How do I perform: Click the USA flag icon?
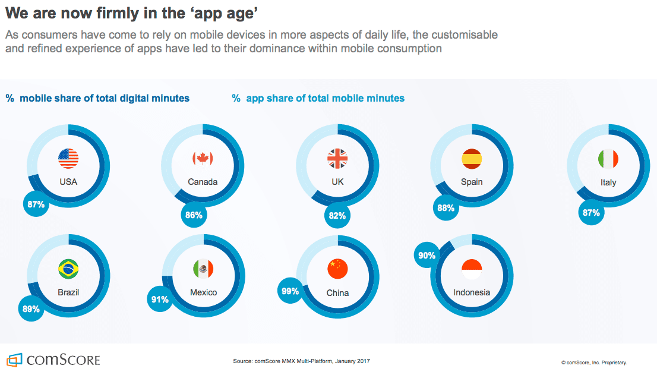[68, 158]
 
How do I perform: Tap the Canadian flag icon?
[203, 158]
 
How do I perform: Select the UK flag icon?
[337, 158]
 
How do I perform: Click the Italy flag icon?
[608, 159]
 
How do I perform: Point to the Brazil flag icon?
[68, 269]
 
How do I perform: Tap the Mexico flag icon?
[203, 269]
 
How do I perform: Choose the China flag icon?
[337, 269]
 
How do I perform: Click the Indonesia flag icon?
[472, 269]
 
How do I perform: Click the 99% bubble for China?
[290, 291]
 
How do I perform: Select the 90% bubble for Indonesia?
[427, 256]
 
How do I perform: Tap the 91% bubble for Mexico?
[160, 300]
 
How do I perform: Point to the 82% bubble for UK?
[337, 216]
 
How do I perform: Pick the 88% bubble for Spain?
[446, 208]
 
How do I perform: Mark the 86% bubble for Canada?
[194, 215]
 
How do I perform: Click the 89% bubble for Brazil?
[31, 309]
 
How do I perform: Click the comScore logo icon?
[14, 360]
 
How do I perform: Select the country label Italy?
[608, 182]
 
